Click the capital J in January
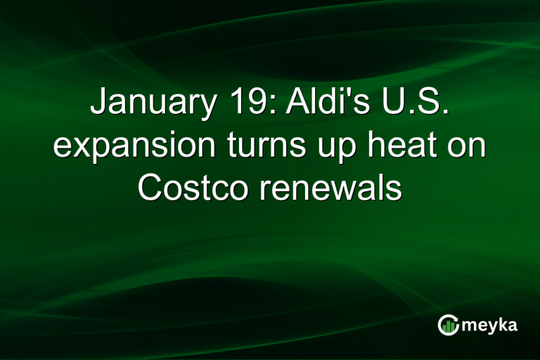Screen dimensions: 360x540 pyautogui.click(x=98, y=103)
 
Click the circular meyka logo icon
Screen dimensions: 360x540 pyautogui.click(x=448, y=324)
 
